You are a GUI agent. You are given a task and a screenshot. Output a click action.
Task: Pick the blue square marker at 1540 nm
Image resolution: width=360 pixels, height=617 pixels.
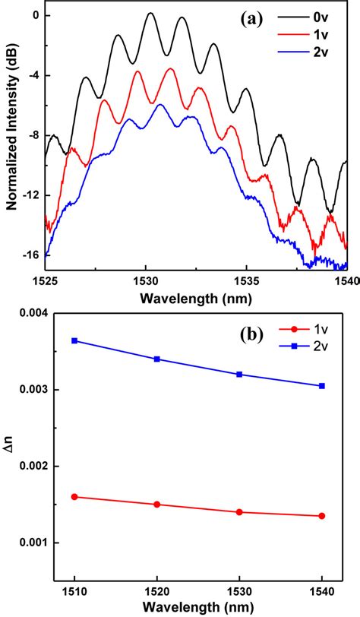[x=322, y=386]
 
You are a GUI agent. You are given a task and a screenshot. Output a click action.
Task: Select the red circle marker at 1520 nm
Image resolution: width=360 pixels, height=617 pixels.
[x=156, y=505]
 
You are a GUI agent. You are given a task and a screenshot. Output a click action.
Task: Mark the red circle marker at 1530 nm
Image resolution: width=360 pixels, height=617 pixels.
[x=239, y=512]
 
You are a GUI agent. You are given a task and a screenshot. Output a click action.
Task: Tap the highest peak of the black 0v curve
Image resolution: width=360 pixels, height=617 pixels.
[x=150, y=13]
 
